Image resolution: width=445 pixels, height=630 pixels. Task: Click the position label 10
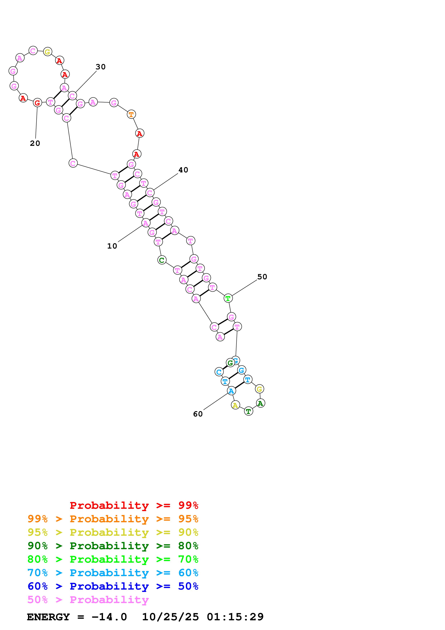tap(112, 246)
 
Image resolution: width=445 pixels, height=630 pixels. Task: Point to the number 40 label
tap(183, 170)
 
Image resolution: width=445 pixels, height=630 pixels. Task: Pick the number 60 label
tap(198, 414)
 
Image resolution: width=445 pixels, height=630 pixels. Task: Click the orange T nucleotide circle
tap(131, 114)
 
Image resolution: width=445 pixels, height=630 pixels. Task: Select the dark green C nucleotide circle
tap(162, 260)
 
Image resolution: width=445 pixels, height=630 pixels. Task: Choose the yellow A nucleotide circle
tap(235, 405)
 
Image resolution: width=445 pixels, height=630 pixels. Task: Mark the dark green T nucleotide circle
tap(248, 411)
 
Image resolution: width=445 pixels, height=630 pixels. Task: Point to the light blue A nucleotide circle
tap(231, 391)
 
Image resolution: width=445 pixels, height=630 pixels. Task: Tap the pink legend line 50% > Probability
tap(88, 599)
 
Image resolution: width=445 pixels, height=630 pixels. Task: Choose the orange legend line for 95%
tap(113, 519)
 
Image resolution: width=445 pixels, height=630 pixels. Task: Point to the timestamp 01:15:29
tap(235, 617)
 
